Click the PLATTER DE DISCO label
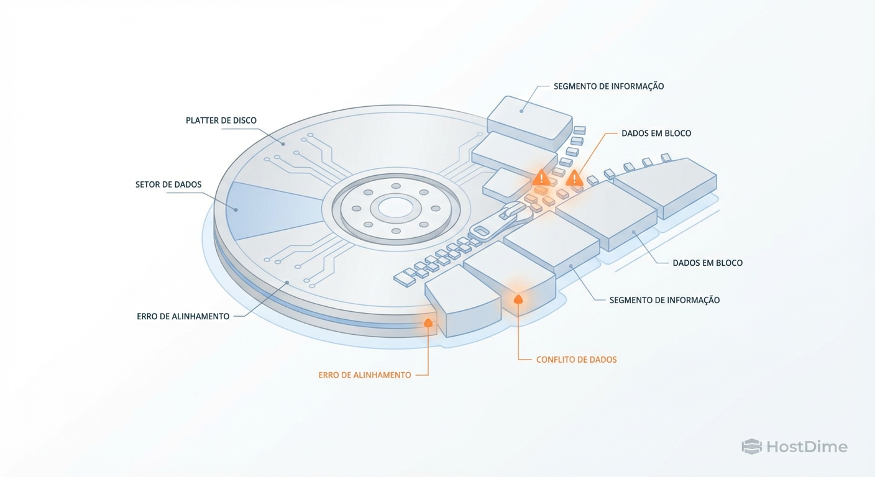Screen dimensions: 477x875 pos(221,120)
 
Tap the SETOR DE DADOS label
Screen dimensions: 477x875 pos(168,184)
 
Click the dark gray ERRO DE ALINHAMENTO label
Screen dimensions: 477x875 pos(183,316)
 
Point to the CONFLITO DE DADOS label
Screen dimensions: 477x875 pos(576,360)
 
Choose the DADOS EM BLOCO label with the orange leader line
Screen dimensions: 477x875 pos(656,134)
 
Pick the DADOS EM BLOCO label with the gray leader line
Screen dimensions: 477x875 pos(707,263)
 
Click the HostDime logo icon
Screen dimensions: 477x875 pos(751,447)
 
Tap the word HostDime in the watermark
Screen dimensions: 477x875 pos(806,447)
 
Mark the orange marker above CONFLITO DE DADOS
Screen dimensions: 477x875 pos(518,299)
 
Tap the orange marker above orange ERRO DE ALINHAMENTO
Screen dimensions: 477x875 pos(428,322)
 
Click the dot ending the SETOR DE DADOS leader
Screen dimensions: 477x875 pos(236,210)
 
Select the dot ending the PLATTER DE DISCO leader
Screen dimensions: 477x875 pos(283,144)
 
